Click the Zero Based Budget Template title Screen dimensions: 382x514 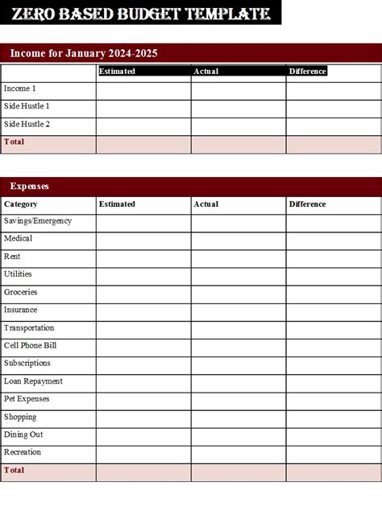pyautogui.click(x=140, y=13)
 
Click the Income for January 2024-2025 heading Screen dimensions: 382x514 pyautogui.click(x=84, y=53)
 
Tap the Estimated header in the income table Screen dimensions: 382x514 pyautogui.click(x=117, y=71)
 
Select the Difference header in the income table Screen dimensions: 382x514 pyautogui.click(x=307, y=71)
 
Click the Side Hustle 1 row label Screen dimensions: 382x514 pyautogui.click(x=27, y=106)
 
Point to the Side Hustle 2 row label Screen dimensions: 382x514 pyautogui.click(x=27, y=124)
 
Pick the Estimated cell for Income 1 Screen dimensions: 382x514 pyautogui.click(x=143, y=89)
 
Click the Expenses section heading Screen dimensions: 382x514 pyautogui.click(x=30, y=186)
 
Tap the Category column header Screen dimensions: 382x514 pyautogui.click(x=21, y=204)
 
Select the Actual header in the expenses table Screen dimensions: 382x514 pyautogui.click(x=206, y=204)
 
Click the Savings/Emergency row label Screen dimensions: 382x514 pyautogui.click(x=38, y=220)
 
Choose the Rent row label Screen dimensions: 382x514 pyautogui.click(x=12, y=257)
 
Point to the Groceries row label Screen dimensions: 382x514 pyautogui.click(x=21, y=292)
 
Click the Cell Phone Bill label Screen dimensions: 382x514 pyautogui.click(x=30, y=345)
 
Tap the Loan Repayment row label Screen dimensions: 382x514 pyautogui.click(x=33, y=381)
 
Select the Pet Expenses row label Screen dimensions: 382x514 pyautogui.click(x=27, y=399)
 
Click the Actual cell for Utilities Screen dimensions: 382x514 pyautogui.click(x=239, y=275)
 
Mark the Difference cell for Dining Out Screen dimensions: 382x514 pyautogui.click(x=334, y=435)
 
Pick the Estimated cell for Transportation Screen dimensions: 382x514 pyautogui.click(x=143, y=328)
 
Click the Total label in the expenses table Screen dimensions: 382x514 pyautogui.click(x=15, y=471)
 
